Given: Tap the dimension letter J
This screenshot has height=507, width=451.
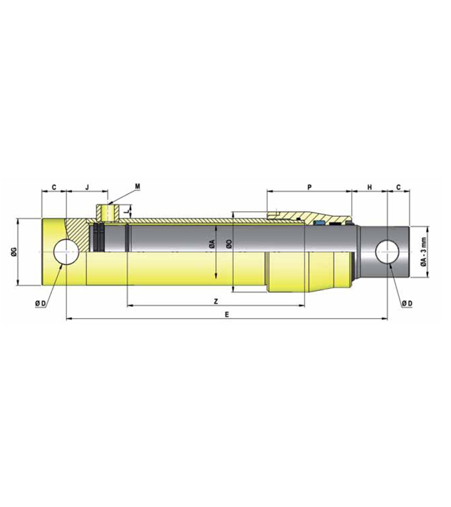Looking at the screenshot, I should coord(87,188).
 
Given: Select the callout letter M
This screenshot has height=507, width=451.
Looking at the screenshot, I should coord(137,186).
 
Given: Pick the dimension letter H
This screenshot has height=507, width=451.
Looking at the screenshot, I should coord(369,188).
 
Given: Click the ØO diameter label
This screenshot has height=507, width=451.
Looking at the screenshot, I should coord(228,244).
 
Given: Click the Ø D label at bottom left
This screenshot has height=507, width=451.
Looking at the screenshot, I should coord(40,303).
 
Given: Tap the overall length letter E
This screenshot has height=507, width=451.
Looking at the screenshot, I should coord(227,315).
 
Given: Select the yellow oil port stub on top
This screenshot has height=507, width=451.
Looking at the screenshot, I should coord(105,211).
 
